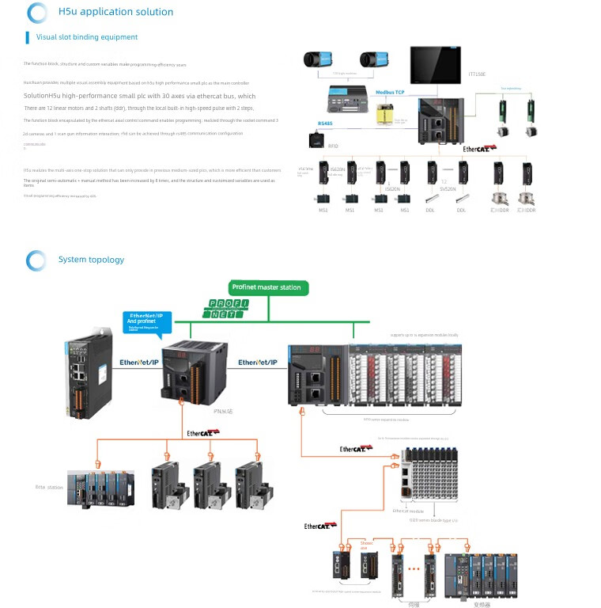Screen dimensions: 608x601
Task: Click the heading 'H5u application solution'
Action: coord(115,12)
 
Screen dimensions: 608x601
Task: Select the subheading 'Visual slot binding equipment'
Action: coord(87,37)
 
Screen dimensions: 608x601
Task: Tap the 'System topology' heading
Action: coord(91,260)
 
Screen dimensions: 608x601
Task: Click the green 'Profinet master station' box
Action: coord(266,287)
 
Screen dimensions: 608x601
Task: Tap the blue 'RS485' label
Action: coord(326,123)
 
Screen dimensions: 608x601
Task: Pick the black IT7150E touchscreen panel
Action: coord(435,64)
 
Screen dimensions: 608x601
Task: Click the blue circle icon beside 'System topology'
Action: coord(36,260)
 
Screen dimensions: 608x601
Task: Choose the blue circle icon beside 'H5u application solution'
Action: coord(36,13)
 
